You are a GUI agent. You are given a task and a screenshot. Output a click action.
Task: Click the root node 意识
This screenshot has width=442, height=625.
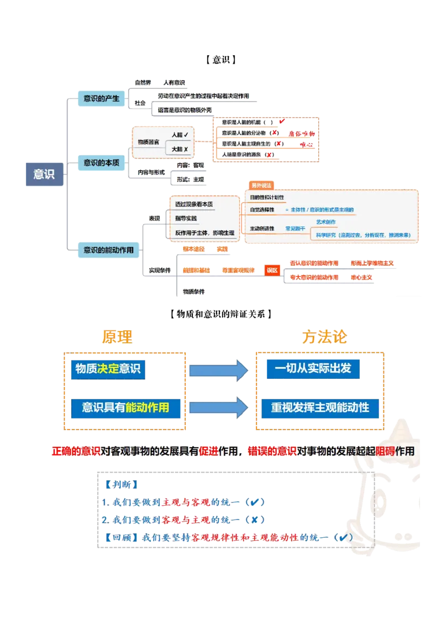[44, 173]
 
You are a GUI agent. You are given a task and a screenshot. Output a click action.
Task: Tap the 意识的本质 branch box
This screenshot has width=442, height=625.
[101, 162]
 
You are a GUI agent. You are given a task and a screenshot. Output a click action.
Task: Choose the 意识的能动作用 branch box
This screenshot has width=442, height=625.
[108, 250]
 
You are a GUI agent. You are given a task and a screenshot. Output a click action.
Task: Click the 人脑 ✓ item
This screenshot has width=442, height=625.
[180, 135]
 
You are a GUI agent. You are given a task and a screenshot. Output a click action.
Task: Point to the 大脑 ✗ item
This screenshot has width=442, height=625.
[180, 149]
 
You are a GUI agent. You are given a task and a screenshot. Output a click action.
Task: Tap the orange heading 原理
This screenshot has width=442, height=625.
[117, 336]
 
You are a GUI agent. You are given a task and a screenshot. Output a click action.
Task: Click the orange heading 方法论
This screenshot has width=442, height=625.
[324, 336]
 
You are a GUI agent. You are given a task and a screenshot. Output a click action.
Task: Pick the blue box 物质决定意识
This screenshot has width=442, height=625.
[108, 369]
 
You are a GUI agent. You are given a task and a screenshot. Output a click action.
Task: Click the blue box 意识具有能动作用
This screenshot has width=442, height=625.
[125, 408]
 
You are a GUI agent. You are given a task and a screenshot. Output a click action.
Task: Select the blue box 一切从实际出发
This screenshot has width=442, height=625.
[316, 368]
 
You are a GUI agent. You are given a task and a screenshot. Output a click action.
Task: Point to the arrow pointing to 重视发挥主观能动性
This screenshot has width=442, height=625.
[219, 408]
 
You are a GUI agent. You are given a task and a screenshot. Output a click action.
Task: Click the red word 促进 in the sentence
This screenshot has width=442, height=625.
[208, 451]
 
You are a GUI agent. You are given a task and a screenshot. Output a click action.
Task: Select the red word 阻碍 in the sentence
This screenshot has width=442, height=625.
[385, 451]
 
